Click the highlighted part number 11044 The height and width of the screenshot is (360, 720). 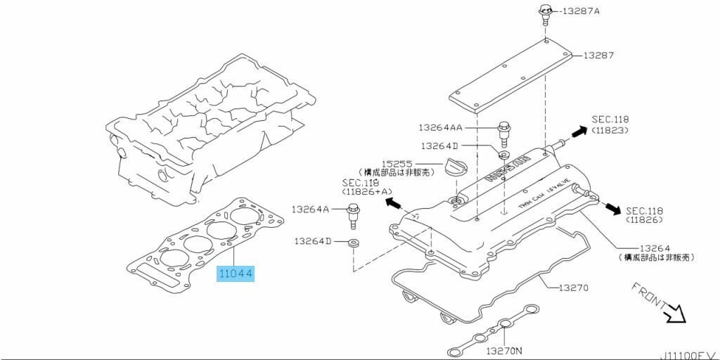(x=235, y=272)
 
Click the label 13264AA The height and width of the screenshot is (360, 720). (x=440, y=127)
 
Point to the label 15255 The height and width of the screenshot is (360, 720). (x=398, y=162)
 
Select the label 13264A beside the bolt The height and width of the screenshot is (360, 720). (x=310, y=209)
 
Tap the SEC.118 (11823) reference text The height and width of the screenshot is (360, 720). (x=610, y=124)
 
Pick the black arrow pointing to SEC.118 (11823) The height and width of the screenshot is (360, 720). (x=579, y=131)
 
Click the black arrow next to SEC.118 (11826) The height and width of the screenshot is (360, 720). (x=614, y=209)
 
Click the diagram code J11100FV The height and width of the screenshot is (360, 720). (x=688, y=355)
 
